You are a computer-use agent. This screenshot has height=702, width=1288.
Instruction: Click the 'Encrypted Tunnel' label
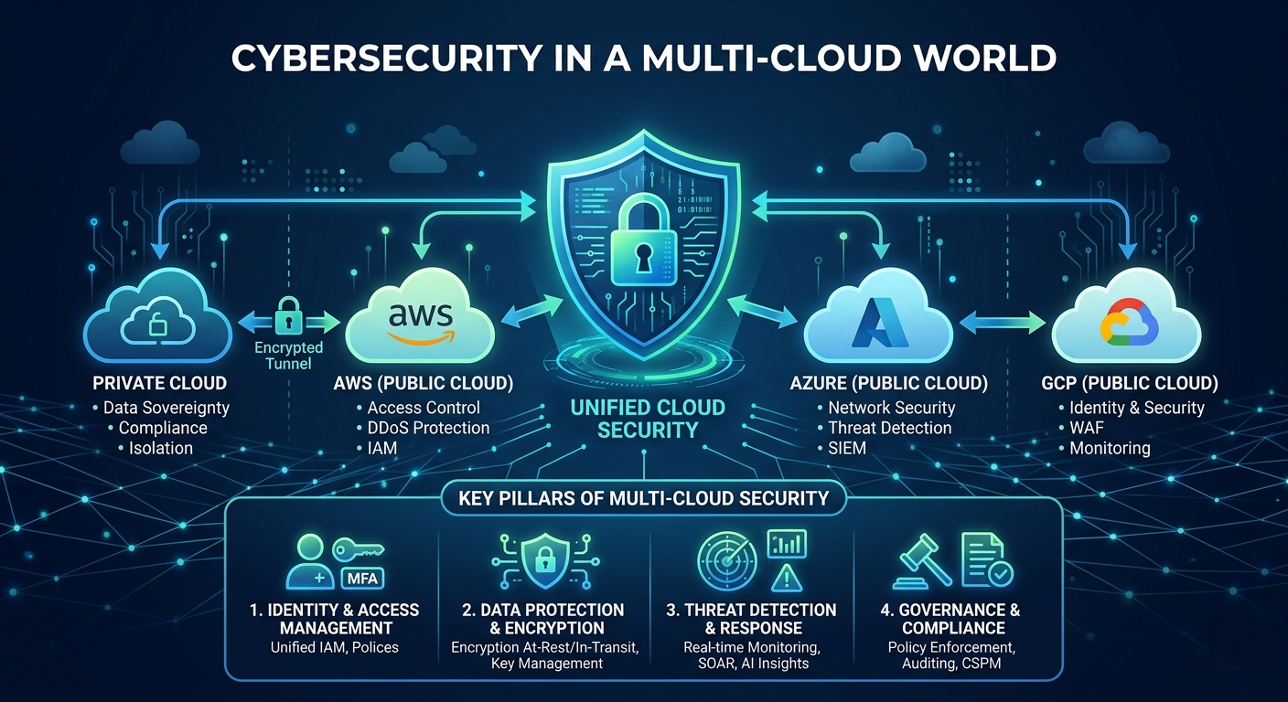coord(289,356)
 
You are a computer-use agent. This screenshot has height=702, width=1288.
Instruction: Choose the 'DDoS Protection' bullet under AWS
coord(428,428)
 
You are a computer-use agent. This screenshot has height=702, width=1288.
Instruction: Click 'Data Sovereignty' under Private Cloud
coord(166,408)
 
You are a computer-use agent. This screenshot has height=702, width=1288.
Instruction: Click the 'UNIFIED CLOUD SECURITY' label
coord(648,419)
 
